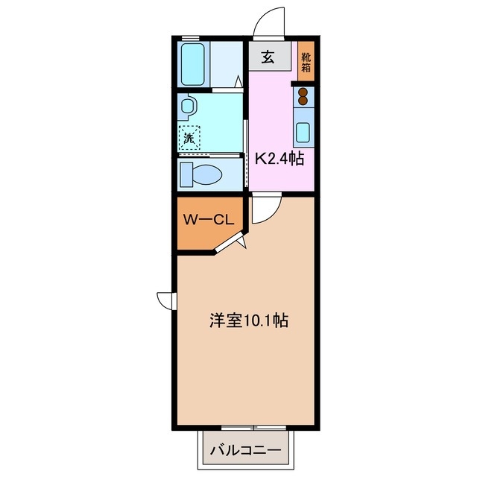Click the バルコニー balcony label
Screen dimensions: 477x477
245,451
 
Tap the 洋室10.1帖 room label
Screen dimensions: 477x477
249,321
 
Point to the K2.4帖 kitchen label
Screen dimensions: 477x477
279,159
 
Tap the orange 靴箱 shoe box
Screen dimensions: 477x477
306,60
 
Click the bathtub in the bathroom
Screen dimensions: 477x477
193,64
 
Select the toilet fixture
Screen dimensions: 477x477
201,175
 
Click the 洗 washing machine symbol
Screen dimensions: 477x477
189,137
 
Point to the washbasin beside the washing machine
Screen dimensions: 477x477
186,106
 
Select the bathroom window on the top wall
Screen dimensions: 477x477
191,37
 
